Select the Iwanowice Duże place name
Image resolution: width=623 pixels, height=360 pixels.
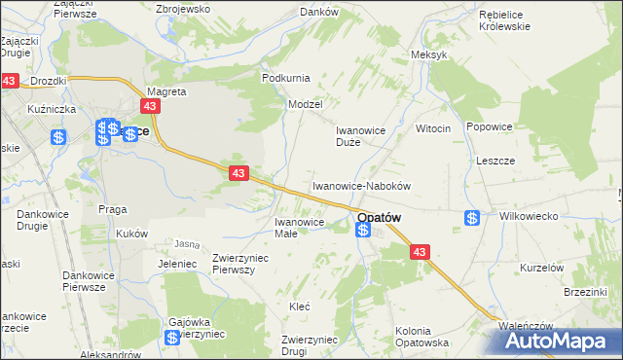pyautogui.click(x=361, y=135)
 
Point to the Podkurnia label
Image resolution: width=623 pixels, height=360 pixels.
pyautogui.click(x=284, y=77)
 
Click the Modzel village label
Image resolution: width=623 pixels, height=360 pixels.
pyautogui.click(x=305, y=103)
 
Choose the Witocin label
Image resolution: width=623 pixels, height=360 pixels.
pyautogui.click(x=433, y=128)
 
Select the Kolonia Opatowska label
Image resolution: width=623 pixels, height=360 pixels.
pyautogui.click(x=421, y=337)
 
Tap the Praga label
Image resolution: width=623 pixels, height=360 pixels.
pyautogui.click(x=114, y=208)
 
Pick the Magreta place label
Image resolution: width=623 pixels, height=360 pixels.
pyautogui.click(x=165, y=91)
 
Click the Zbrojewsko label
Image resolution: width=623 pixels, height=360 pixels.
pyautogui.click(x=183, y=8)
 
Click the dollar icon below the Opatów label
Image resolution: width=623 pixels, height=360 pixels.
pyautogui.click(x=363, y=231)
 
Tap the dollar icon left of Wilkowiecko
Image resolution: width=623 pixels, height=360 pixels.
pyautogui.click(x=472, y=218)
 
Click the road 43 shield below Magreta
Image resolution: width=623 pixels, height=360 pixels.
pyautogui.click(x=151, y=107)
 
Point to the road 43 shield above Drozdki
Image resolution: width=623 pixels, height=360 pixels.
pyautogui.click(x=10, y=82)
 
